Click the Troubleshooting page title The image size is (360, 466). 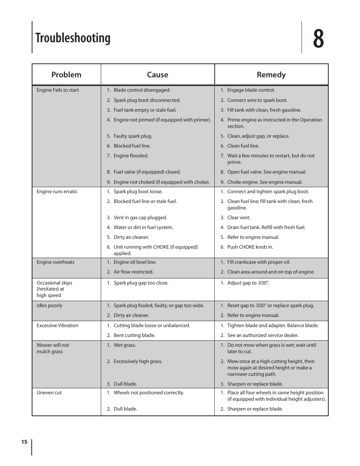(73, 38)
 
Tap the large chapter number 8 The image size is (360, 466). (318, 38)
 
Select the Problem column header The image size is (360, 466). (66, 75)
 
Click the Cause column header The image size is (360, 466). (157, 75)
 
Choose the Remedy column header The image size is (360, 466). (271, 75)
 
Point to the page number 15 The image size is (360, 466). (24, 442)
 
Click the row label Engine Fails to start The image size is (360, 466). (58, 90)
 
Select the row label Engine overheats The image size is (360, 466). (55, 262)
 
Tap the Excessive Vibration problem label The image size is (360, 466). (57, 326)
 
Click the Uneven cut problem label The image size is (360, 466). (49, 393)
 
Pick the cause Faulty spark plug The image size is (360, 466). (133, 136)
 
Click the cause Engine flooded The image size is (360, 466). (131, 156)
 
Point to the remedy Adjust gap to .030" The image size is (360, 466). (248, 283)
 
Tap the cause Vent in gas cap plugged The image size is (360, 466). (140, 218)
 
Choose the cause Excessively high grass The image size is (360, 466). (138, 361)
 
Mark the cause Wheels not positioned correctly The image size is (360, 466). (149, 393)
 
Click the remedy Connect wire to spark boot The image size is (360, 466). (257, 100)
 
